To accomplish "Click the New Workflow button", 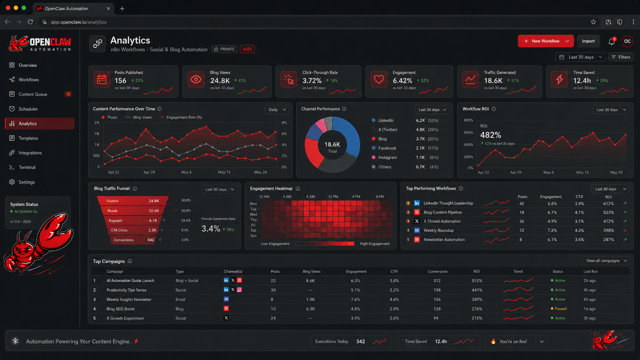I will point(542,41).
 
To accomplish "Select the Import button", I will point(588,41).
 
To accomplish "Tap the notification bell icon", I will point(611,41).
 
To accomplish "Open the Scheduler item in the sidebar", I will point(28,109).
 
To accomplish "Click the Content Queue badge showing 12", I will point(68,94).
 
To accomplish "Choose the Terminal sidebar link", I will point(27,167).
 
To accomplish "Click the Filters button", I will point(620,57).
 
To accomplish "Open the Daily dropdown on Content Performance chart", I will point(277,109).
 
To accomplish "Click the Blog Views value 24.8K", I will point(220,80).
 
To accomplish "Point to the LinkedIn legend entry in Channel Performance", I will point(385,120).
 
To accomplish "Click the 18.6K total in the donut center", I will point(332,144).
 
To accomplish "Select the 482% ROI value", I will point(490,135).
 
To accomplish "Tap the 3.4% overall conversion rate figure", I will point(211,229).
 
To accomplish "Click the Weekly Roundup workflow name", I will point(438,230).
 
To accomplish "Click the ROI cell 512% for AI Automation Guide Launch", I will point(477,280).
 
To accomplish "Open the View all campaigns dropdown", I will point(606,261).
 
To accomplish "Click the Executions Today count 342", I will point(360,341).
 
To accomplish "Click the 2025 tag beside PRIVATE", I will point(247,49).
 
